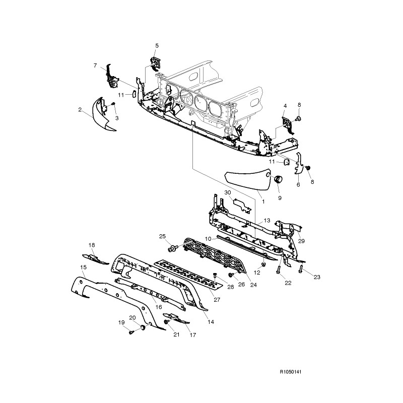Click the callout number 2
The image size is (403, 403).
(x=80, y=109)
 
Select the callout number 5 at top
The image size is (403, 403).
(x=157, y=46)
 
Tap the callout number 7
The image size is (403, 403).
(x=95, y=65)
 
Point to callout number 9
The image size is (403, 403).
(x=280, y=198)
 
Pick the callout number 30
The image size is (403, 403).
(x=227, y=193)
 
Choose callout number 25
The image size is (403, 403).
(x=162, y=236)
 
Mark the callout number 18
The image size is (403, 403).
(x=92, y=245)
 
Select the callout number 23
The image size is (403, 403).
(x=317, y=277)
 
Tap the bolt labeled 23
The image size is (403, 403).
(x=300, y=270)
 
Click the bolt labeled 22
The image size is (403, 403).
(x=278, y=271)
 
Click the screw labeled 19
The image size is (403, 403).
(x=130, y=332)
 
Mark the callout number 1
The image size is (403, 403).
(x=262, y=201)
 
